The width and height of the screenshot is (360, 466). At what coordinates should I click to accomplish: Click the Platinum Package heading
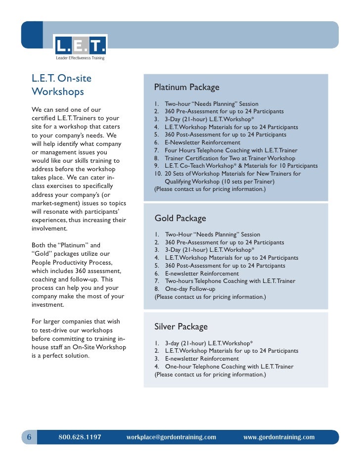point(186,88)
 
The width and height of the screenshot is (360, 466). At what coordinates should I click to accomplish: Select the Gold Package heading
point(180,218)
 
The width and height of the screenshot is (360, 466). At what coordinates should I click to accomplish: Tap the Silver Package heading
point(181,326)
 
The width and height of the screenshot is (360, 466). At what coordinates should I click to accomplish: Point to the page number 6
point(29,437)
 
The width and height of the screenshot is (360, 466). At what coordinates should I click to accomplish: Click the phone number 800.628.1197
point(80,437)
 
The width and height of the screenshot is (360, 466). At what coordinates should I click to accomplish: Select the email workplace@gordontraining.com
point(171,437)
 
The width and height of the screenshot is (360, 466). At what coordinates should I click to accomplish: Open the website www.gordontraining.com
point(279,437)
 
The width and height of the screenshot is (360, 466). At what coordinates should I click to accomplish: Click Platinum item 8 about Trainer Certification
point(229,158)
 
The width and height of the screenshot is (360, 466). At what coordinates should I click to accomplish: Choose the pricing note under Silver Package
point(210,374)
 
